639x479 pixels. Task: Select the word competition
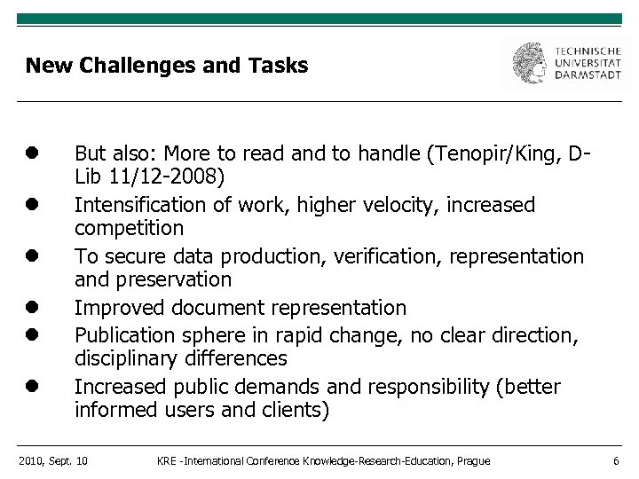click(x=129, y=228)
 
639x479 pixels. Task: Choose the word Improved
click(x=113, y=308)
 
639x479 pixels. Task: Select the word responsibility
click(x=463, y=388)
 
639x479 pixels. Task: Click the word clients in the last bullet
click(x=296, y=410)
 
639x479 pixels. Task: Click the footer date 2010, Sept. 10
click(x=52, y=460)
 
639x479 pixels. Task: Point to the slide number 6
click(x=615, y=460)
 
